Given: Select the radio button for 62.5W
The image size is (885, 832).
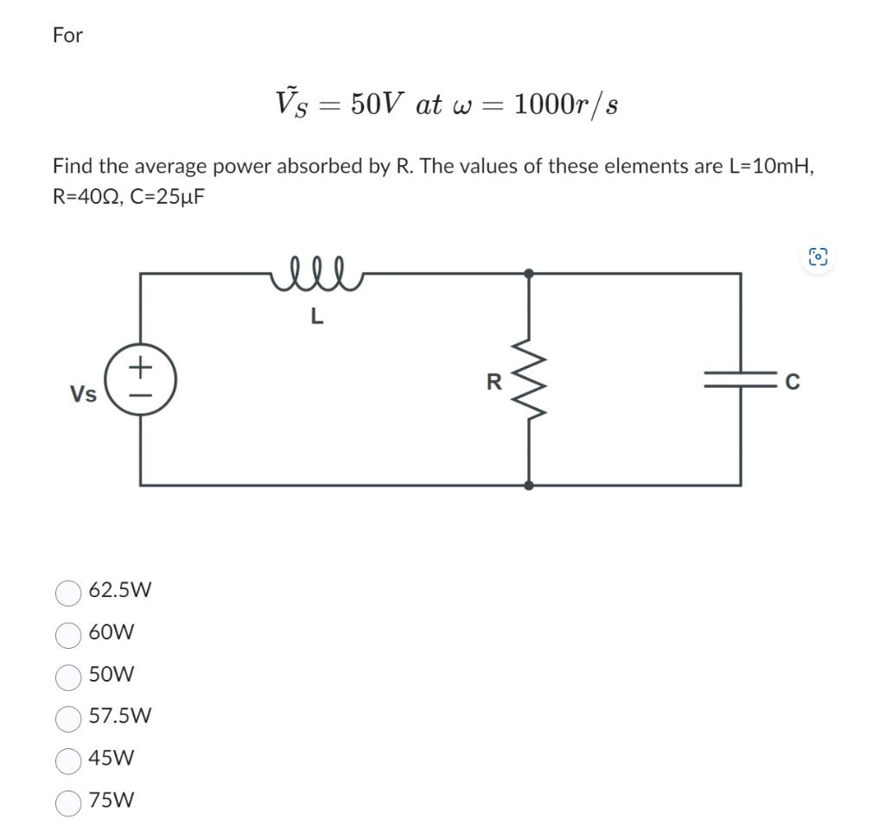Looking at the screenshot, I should [x=68, y=592].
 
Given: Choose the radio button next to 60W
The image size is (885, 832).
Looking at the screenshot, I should [x=68, y=634].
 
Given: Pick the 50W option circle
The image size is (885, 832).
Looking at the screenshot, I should [x=68, y=676].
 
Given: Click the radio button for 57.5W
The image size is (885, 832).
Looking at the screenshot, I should [x=68, y=717].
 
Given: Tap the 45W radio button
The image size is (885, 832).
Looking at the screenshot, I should [x=68, y=759].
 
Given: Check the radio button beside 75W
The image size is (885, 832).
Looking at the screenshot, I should [x=68, y=802].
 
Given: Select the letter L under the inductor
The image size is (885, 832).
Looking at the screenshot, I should [x=316, y=317].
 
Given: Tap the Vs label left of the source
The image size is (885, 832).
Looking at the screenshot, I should [x=83, y=394].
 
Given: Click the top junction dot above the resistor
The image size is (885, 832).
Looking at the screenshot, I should [x=529, y=273].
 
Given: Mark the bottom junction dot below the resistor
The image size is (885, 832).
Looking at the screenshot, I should [x=529, y=486].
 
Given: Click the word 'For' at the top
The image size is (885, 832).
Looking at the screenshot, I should [x=67, y=35].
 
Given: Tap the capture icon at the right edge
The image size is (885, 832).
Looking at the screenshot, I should [x=818, y=257].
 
